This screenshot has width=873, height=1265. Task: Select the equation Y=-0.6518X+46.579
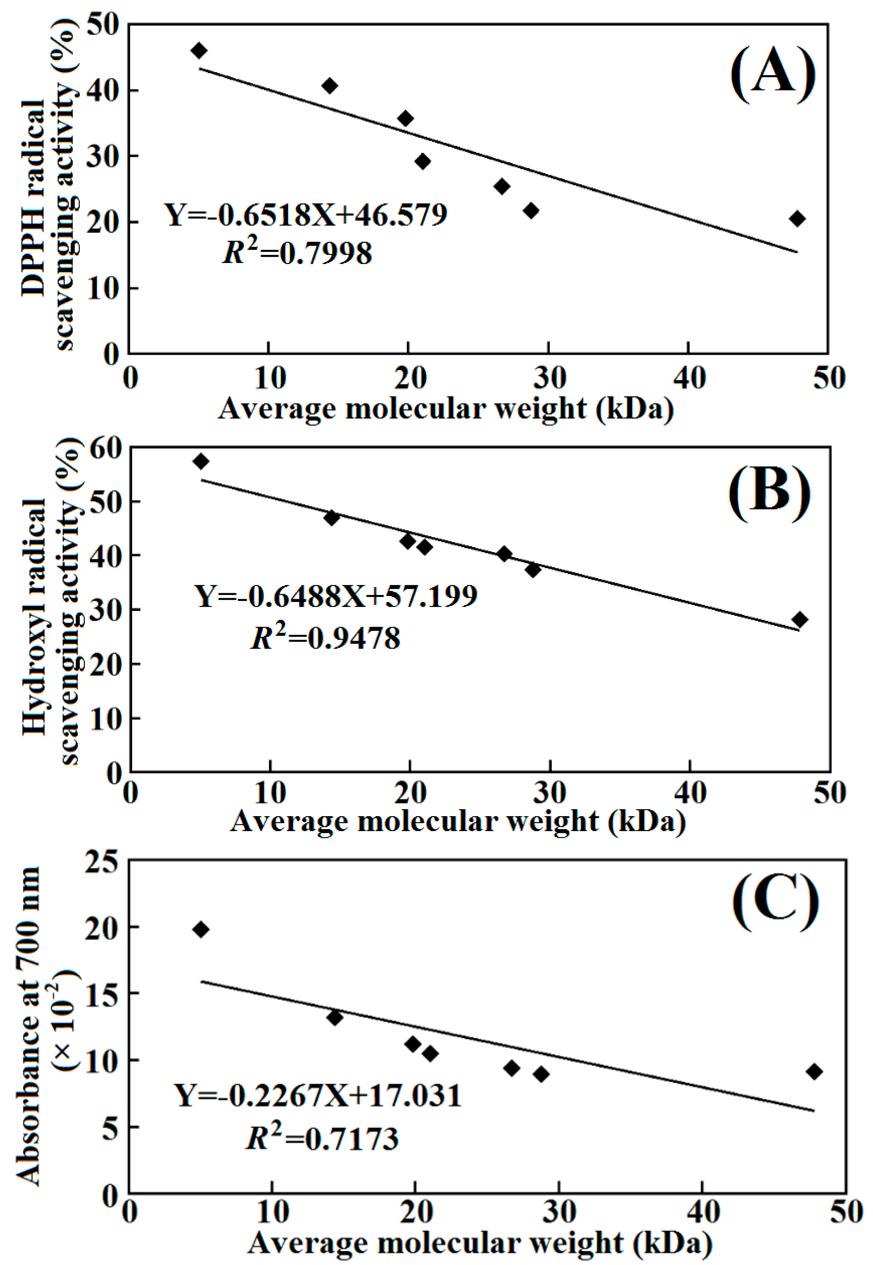[306, 214]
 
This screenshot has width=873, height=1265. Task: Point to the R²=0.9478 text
[326, 637]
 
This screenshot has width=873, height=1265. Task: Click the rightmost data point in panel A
[797, 219]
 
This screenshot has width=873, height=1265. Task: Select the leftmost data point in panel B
[201, 461]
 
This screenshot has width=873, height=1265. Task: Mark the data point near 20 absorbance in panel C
[201, 929]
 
